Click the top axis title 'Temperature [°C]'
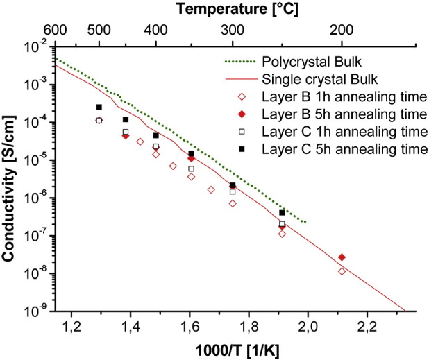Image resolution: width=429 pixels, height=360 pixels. [x=234, y=10]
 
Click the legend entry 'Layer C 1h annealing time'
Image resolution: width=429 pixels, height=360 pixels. [x=332, y=130]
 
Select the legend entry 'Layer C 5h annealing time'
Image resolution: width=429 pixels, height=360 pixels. [x=332, y=148]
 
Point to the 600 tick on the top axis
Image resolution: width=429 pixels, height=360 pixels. [x=55, y=31]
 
